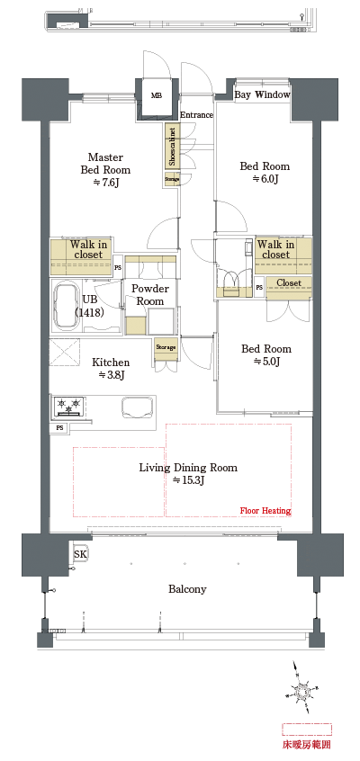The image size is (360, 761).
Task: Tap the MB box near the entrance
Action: (157, 94)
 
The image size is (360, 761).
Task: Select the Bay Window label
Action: (262, 94)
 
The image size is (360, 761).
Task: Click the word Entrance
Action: (196, 115)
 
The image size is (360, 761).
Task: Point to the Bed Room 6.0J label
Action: (264, 172)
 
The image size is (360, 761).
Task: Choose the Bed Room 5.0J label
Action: (265, 354)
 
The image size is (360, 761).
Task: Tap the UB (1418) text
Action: (89, 306)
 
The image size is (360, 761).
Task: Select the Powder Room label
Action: (150, 295)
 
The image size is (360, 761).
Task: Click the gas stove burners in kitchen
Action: (70, 405)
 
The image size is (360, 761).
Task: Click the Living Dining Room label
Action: (187, 473)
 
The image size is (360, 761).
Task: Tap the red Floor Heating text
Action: (265, 511)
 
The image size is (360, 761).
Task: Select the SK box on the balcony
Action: (80, 555)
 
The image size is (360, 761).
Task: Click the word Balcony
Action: (187, 589)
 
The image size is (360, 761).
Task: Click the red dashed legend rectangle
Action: (307, 729)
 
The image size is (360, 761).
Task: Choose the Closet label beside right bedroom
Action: (289, 283)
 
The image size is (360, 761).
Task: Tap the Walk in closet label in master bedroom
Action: (88, 249)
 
